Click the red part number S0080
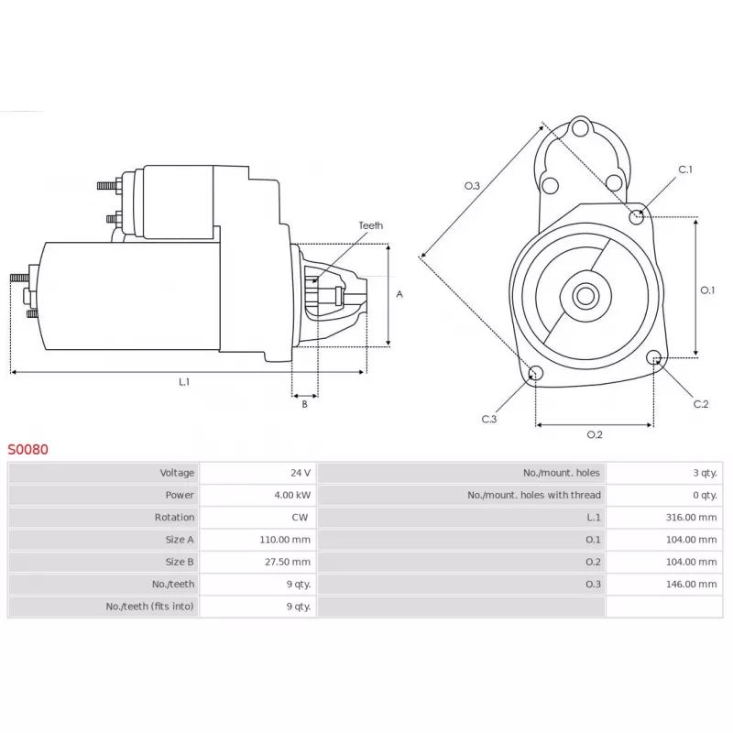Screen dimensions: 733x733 [28, 450]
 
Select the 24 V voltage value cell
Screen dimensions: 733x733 [301, 473]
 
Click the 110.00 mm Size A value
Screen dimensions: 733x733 [285, 540]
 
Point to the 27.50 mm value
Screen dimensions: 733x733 [288, 562]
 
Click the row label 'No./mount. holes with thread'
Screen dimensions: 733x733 [534, 495]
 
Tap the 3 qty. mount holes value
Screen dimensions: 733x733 [705, 473]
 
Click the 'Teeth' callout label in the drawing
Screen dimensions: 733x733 [370, 225]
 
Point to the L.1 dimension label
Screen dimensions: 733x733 [184, 382]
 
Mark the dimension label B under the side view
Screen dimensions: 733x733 [305, 404]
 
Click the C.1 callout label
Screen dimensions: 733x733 [685, 170]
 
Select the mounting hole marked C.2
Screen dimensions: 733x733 [654, 357]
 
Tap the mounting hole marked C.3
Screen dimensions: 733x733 [537, 373]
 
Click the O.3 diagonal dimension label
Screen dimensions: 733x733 [472, 186]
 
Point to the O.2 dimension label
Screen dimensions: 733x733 [594, 434]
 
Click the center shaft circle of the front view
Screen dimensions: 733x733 [585, 296]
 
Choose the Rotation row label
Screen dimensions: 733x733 [174, 518]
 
